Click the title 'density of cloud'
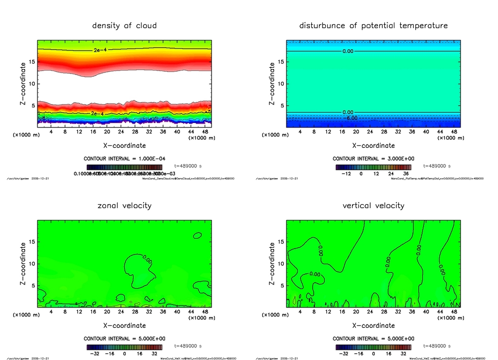124,25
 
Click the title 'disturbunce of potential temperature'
373,25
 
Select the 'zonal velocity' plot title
124,205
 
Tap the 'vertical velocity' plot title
373,205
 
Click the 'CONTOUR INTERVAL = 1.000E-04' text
124,159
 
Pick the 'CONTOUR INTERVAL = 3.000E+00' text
373,159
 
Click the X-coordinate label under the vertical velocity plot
373,325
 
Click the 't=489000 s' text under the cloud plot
188,166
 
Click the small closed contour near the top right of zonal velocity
197,235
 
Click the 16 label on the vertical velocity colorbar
389,354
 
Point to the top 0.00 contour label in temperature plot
348,51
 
